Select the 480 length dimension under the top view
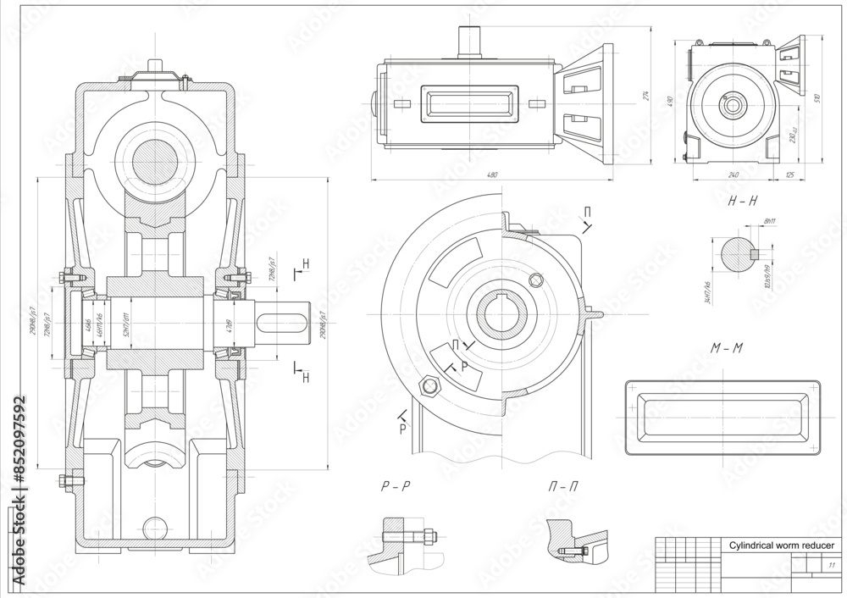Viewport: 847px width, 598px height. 491,174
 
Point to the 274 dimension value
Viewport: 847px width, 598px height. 646,96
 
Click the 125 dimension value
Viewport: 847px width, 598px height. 789,174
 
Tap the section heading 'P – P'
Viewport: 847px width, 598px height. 396,487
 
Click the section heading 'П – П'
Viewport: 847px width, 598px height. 564,487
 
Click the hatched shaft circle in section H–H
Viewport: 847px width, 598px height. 736,253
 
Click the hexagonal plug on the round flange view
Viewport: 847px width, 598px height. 430,386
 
